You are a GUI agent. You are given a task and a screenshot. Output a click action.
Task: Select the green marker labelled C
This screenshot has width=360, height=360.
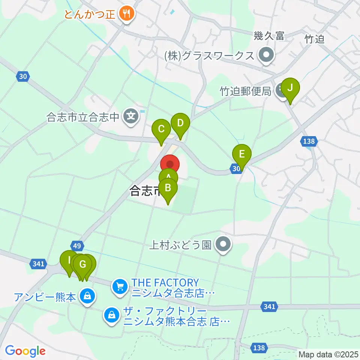click(161, 130)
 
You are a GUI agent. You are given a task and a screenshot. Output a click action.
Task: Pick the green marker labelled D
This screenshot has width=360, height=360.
click(180, 123)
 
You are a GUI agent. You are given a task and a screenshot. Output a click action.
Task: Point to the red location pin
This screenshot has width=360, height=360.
click(170, 164)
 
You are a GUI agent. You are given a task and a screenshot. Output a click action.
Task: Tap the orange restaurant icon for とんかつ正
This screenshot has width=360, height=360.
click(125, 14)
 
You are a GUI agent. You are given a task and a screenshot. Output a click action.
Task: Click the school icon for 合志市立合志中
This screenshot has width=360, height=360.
click(131, 117)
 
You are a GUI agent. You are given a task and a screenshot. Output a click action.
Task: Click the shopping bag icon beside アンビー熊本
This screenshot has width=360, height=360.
click(87, 297)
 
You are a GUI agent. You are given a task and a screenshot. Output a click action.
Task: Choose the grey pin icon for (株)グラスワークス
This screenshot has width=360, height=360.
click(266, 56)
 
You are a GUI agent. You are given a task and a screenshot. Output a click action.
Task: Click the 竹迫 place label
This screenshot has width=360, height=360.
click(314, 39)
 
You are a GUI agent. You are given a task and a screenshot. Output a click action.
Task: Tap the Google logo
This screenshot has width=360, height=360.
click(25, 351)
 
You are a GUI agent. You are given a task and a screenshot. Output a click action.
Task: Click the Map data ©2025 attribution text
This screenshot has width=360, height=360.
click(328, 354)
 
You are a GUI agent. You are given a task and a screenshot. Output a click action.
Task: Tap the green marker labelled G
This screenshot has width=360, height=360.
click(82, 265)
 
